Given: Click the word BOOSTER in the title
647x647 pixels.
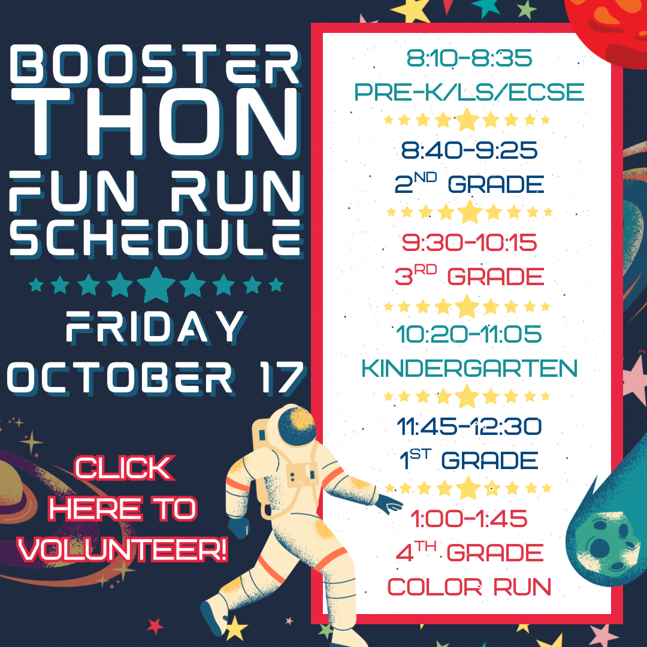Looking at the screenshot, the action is click(155, 64).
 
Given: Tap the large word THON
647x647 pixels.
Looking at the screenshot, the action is click(155, 123).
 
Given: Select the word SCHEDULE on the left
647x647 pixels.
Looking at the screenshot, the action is click(155, 238).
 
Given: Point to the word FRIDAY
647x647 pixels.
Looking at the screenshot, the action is click(155, 327).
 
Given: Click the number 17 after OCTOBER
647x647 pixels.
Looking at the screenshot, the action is click(282, 377).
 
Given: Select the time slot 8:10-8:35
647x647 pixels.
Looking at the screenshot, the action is click(469, 58).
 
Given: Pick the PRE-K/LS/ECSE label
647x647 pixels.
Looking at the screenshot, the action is click(469, 92).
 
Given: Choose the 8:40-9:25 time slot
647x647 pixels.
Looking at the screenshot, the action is click(469, 150).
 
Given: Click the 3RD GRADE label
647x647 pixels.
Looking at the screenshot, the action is click(469, 276).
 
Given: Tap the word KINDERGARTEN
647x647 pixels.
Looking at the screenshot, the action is click(469, 368).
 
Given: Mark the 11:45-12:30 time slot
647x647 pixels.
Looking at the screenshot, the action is click(469, 427).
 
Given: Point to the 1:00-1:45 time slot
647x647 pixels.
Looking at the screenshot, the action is click(469, 519).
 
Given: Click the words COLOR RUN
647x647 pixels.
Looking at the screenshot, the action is click(469, 586).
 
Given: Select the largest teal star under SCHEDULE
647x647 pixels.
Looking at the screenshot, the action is click(156, 284).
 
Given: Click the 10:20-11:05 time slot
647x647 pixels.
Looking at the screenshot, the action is click(469, 334).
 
